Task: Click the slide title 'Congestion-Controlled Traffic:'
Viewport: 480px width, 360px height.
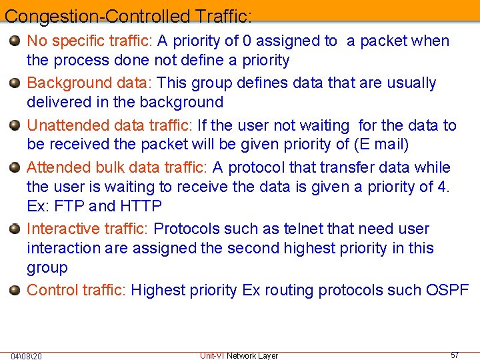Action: pyautogui.click(x=128, y=15)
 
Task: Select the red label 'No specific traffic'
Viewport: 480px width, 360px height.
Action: pyautogui.click(x=89, y=41)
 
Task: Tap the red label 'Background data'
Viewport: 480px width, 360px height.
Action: pyautogui.click(x=89, y=83)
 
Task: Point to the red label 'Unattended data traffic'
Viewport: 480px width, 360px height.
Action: pyautogui.click(x=109, y=125)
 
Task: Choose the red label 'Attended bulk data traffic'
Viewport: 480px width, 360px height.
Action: pyautogui.click(x=117, y=167)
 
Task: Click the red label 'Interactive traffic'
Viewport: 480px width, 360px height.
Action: pyautogui.click(x=85, y=229)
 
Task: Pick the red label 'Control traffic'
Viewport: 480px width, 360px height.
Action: pyautogui.click(x=75, y=290)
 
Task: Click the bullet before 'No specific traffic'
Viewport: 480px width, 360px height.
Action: pyautogui.click(x=15, y=41)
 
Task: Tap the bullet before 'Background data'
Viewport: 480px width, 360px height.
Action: pyautogui.click(x=15, y=83)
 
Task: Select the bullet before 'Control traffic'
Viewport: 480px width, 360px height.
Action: pyautogui.click(x=15, y=290)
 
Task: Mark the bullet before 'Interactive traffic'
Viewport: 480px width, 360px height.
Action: pyautogui.click(x=15, y=229)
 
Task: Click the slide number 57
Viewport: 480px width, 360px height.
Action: pyautogui.click(x=455, y=355)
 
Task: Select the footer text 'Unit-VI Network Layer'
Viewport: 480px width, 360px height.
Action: pyautogui.click(x=239, y=355)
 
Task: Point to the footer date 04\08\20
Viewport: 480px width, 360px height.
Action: pyautogui.click(x=27, y=356)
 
